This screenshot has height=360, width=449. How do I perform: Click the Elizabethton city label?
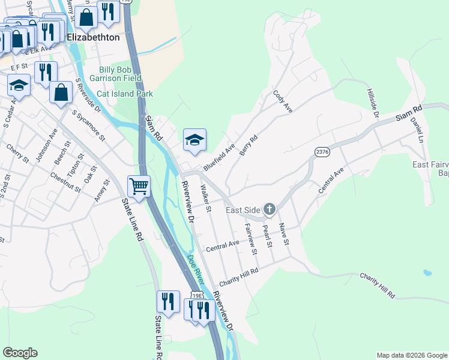coord(94,37)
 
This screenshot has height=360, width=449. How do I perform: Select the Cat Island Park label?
coord(125,94)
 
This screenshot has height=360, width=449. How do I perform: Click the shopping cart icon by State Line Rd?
coord(139,187)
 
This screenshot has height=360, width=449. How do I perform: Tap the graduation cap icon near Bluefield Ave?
coord(194,140)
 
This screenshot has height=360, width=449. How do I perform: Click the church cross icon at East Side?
coord(270,209)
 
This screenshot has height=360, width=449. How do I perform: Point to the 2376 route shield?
coord(322,152)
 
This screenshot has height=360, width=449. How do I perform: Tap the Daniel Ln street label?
coord(416,129)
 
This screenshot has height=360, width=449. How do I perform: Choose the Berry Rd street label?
coord(248,145)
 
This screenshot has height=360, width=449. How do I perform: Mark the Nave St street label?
coord(285,234)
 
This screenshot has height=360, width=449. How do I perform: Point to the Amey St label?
coord(102,190)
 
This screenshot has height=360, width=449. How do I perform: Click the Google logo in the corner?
coord(20,353)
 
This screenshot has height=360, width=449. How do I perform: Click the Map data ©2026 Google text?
coord(411,355)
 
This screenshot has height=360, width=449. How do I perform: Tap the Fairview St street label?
coord(250,239)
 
